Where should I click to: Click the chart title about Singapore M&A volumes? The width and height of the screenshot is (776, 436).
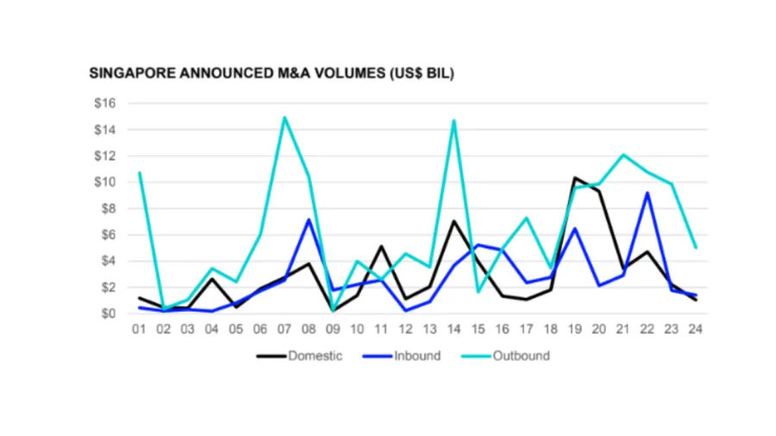pos(272,74)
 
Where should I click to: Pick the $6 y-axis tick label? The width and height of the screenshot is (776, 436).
pos(106,234)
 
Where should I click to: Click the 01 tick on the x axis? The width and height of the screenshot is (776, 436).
pos(139,329)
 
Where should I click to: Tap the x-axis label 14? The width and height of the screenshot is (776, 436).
pos(454,329)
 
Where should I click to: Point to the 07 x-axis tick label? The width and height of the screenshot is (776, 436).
pos(285,329)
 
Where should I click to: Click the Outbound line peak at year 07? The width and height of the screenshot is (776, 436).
pos(285,118)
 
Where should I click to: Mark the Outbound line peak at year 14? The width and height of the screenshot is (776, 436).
pos(454,121)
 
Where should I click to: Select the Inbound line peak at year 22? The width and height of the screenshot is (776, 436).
pos(648,193)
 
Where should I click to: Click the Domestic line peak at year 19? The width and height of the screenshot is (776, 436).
pos(574,178)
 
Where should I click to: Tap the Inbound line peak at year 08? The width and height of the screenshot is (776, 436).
pos(309,219)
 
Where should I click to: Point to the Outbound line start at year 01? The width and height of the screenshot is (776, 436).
pos(139,172)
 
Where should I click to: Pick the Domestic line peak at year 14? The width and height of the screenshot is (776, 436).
pos(454,221)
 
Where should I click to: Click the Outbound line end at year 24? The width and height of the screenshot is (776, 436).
pos(696,247)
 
